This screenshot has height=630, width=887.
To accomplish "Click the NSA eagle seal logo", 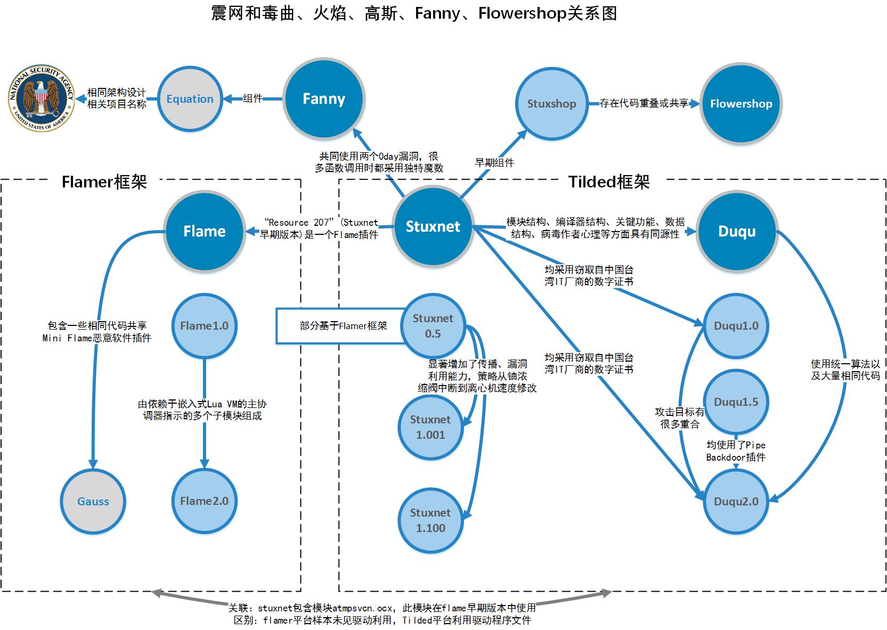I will tap(42, 99).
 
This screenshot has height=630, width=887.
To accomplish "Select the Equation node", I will tap(190, 99).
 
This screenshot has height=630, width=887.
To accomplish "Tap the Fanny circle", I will tap(323, 99).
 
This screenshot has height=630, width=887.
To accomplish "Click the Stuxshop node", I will tap(551, 104).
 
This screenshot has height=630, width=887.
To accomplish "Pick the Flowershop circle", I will tap(741, 104).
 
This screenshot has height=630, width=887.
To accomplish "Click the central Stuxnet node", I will tap(433, 227).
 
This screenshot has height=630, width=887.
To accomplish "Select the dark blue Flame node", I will tap(205, 231).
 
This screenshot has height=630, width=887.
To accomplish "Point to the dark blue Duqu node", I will tap(737, 231).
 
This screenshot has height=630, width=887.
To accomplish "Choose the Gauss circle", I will tap(93, 501).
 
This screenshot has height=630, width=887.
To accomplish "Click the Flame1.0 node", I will tap(204, 326).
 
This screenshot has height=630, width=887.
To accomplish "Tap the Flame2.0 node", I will tap(204, 501).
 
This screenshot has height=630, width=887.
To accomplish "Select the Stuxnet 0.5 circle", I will tap(433, 326).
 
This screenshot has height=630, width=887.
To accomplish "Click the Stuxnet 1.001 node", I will tap(430, 427).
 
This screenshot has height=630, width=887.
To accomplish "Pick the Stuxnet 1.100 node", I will tap(430, 520).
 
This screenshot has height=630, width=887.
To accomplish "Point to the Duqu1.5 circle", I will tap(736, 402).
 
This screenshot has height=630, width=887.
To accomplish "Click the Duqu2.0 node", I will tap(736, 501).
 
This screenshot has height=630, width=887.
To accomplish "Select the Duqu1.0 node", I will tap(736, 326).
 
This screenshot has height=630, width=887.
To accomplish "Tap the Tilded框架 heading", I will tap(609, 182).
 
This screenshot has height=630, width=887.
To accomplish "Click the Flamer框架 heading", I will tap(104, 182).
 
